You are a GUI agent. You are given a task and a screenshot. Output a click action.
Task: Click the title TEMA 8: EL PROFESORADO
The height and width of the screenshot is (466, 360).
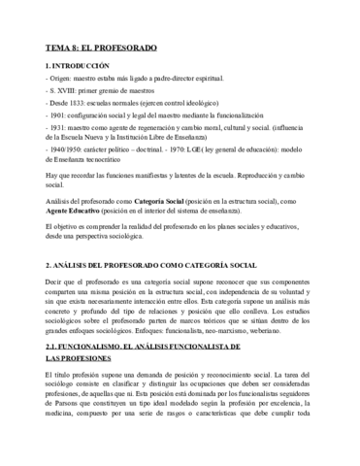pyautogui.click(x=103, y=47)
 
